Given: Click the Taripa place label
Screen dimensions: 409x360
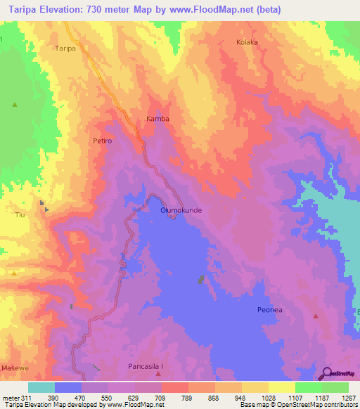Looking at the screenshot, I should click(x=65, y=49).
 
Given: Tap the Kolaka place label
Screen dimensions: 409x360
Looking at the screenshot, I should click(x=247, y=42).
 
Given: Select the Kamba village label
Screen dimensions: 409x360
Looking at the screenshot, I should click(x=157, y=119).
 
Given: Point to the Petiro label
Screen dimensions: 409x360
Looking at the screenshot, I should click(x=102, y=141).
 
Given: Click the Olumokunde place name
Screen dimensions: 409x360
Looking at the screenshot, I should click(x=181, y=210).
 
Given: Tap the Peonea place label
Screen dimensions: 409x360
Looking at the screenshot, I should click(x=269, y=309).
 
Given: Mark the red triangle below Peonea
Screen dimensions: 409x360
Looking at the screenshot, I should click(x=316, y=316).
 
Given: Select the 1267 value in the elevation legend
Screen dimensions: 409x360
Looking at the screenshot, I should click(x=347, y=397).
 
